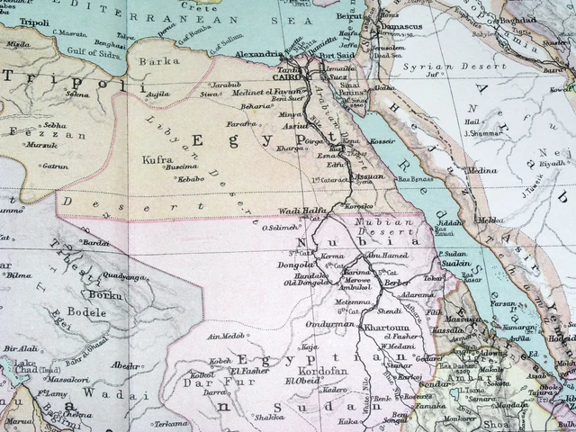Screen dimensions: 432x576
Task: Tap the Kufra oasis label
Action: point(158,158)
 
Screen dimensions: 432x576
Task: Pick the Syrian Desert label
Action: point(436,67)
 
